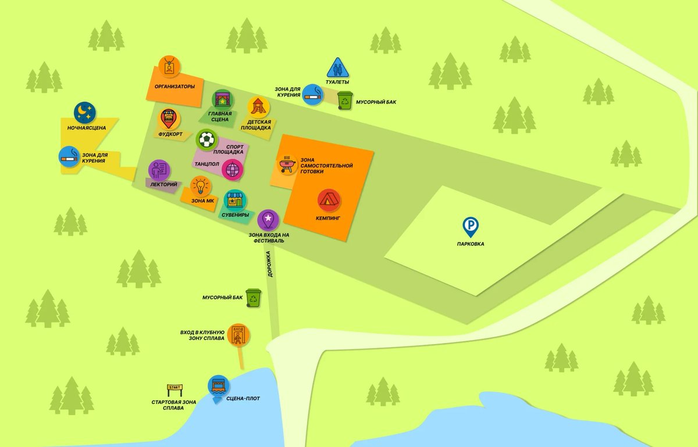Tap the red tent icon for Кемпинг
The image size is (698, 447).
click(x=329, y=201)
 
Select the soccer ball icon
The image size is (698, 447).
click(x=206, y=139)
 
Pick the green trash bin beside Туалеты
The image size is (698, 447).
click(x=346, y=100)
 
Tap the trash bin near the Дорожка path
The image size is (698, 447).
click(x=254, y=298)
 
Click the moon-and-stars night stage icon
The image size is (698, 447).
click(x=86, y=112)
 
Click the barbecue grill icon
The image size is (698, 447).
click(x=286, y=164)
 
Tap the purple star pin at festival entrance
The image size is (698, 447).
click(x=268, y=219)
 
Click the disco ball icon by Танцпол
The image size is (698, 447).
click(x=233, y=170)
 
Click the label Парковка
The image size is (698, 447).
click(x=470, y=244)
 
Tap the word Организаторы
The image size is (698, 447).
click(x=174, y=87)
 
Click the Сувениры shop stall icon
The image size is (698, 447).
click(x=235, y=201)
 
